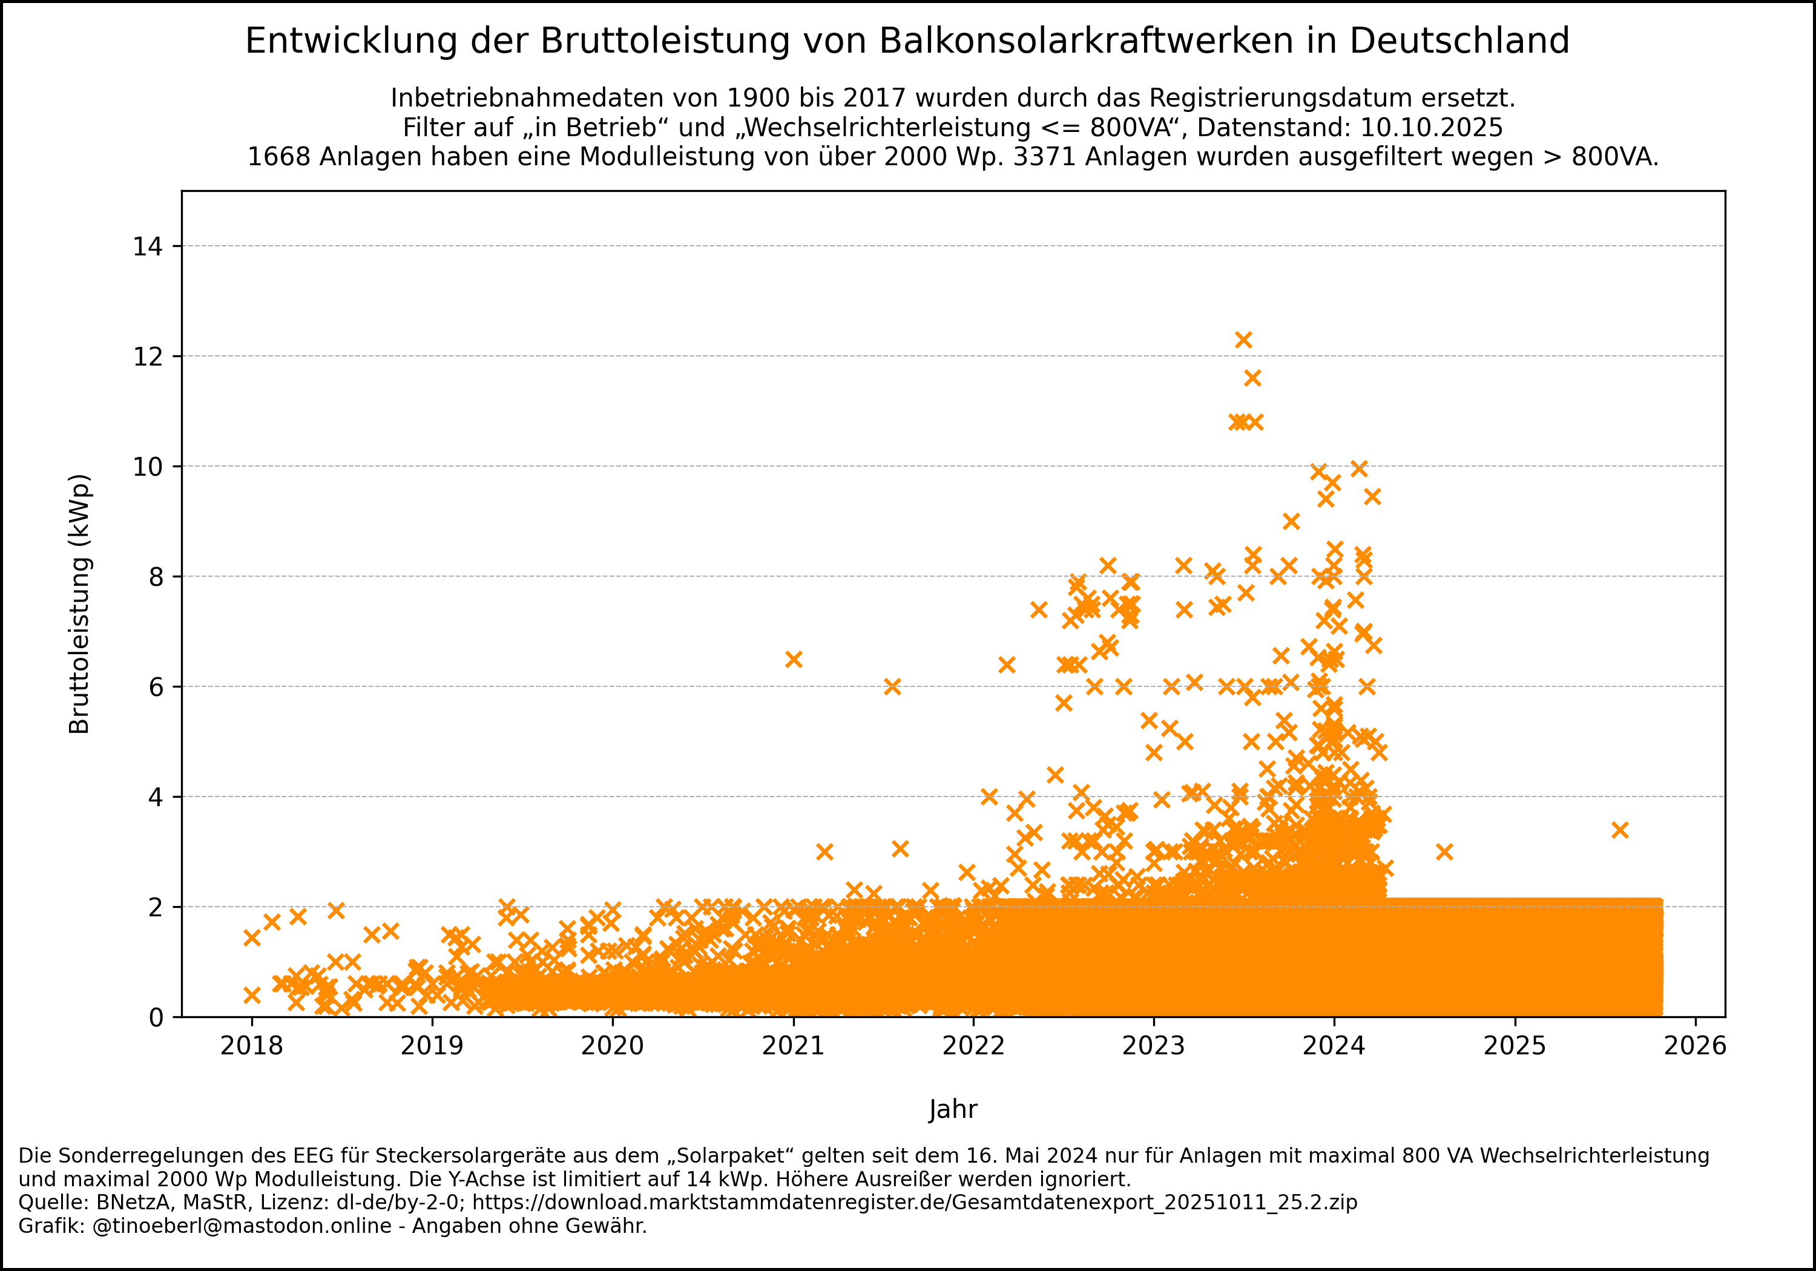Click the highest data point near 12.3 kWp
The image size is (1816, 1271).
[x=1243, y=340]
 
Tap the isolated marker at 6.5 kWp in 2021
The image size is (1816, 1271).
[x=794, y=660]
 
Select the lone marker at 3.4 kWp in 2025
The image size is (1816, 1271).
[x=1620, y=830]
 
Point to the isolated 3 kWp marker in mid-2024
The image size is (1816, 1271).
[x=1444, y=852]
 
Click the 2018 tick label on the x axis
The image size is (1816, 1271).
[x=252, y=1046]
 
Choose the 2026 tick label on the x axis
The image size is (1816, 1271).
[x=1695, y=1046]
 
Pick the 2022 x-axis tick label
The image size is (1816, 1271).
[x=973, y=1046]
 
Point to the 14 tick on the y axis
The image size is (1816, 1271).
[x=148, y=247]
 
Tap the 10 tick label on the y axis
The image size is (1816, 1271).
[x=148, y=467]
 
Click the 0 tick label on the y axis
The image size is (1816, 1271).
[x=156, y=1018]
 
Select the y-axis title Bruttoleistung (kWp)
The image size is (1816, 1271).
[x=80, y=604]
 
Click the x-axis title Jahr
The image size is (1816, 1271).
[x=953, y=1109]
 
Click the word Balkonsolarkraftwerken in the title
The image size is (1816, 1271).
[x=1086, y=41]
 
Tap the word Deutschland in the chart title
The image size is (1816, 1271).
[x=1459, y=41]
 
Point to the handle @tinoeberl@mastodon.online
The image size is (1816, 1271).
[x=242, y=1226]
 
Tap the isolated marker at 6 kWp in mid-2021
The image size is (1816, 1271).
[x=892, y=686]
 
